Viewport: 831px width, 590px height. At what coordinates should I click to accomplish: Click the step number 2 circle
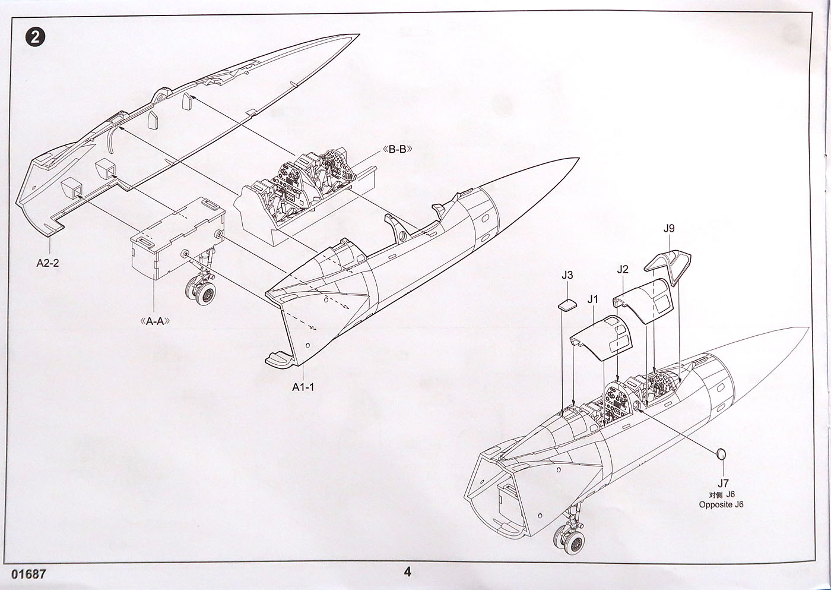[x=34, y=37]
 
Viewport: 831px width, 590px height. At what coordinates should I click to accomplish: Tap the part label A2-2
[x=47, y=263]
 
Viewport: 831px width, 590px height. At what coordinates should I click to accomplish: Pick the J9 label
[x=668, y=229]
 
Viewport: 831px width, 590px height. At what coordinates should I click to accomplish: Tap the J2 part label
[x=622, y=269]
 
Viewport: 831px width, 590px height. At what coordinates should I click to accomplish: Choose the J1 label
[x=593, y=299]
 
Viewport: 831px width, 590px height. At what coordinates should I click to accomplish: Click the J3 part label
[x=567, y=275]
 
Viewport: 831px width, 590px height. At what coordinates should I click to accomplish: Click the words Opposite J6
[x=721, y=505]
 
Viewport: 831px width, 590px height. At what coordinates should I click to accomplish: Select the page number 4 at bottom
[x=407, y=572]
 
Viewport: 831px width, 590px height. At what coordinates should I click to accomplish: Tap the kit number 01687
[x=28, y=575]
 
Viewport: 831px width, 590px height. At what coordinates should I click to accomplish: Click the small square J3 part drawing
[x=566, y=305]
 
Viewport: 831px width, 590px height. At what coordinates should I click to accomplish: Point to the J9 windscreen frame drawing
[x=669, y=267]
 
